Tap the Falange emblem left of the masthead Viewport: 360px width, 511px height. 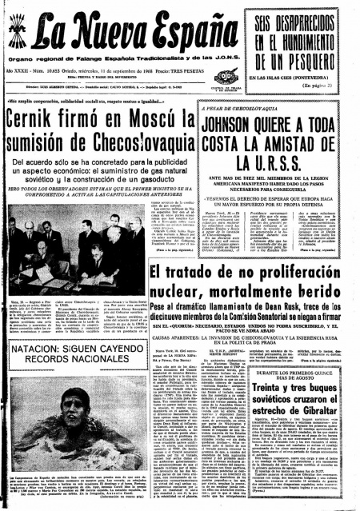tap(17, 36)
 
